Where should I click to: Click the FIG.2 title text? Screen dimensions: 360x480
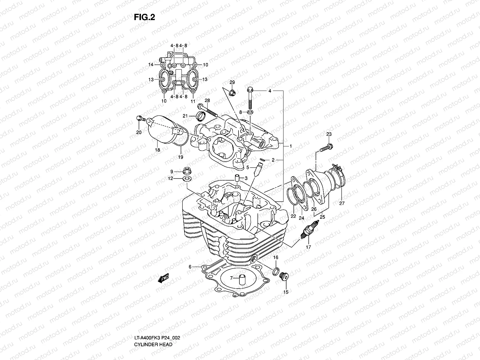[x=144, y=18]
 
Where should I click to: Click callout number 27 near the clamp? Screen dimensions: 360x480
[x=342, y=203]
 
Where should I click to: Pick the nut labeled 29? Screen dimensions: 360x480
[x=232, y=93]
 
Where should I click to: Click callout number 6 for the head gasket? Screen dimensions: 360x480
[x=190, y=266]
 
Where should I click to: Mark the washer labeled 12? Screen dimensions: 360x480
[x=187, y=179]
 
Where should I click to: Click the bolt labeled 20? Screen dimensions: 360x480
[x=139, y=118]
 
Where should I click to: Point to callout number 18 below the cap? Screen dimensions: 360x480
[x=157, y=150]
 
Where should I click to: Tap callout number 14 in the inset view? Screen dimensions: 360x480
[x=151, y=64]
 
